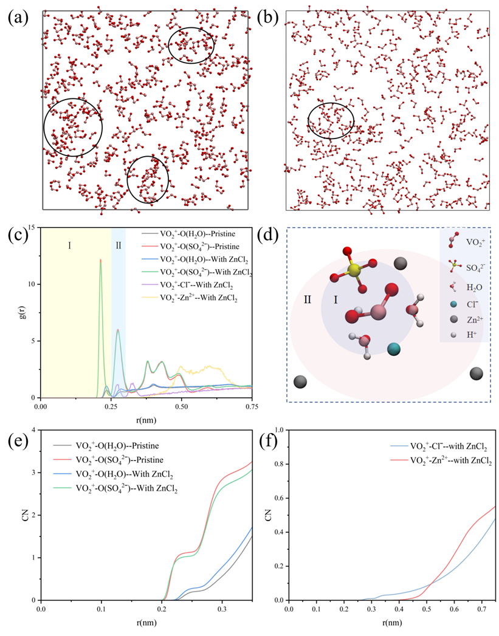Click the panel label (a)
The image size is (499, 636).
point(18,17)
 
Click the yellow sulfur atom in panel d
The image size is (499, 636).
point(354,268)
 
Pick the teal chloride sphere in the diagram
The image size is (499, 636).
point(393,349)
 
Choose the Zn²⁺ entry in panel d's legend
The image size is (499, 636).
point(467,320)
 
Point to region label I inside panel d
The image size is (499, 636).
point(336,299)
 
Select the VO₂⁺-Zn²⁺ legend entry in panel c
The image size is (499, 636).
point(190,298)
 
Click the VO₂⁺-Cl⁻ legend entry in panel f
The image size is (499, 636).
point(439,446)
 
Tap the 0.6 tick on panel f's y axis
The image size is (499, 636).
point(278,498)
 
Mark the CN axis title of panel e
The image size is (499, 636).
point(26,515)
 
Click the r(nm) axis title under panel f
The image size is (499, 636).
point(391,622)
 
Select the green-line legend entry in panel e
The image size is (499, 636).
point(115,488)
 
